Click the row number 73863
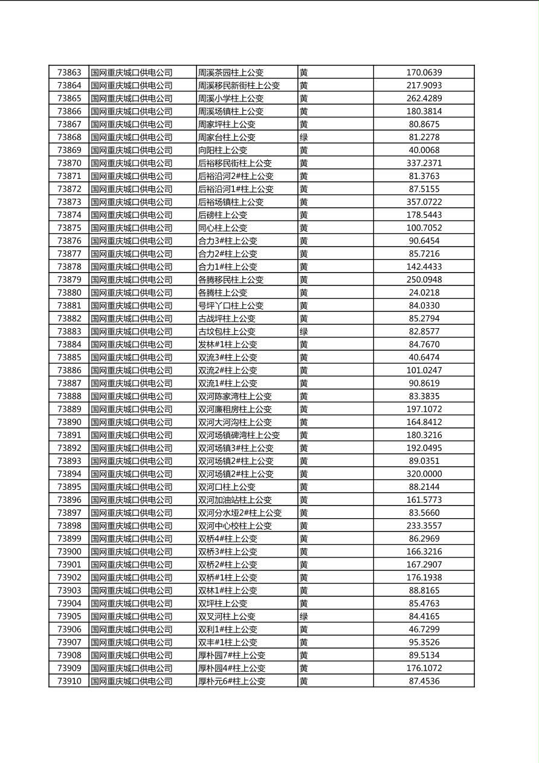[69, 73]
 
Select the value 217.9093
[424, 86]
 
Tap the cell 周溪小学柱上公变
[231, 99]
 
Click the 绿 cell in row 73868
[304, 137]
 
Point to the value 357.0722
[424, 202]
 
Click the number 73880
[69, 293]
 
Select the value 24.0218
[424, 293]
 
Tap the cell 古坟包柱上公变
[227, 331]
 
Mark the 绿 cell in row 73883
[304, 331]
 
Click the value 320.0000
[424, 474]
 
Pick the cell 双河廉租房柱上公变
[235, 409]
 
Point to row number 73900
[69, 551]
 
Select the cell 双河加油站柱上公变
[235, 500]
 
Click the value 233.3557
[424, 526]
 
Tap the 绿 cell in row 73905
[304, 616]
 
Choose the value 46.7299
[424, 629]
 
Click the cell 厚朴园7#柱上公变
[231, 655]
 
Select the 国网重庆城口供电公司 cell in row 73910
[132, 681]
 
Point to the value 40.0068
[424, 150]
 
